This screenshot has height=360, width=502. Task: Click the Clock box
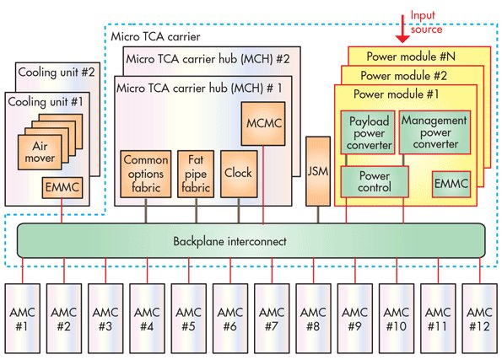[239, 172]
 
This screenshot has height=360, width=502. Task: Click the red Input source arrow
[402, 31]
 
